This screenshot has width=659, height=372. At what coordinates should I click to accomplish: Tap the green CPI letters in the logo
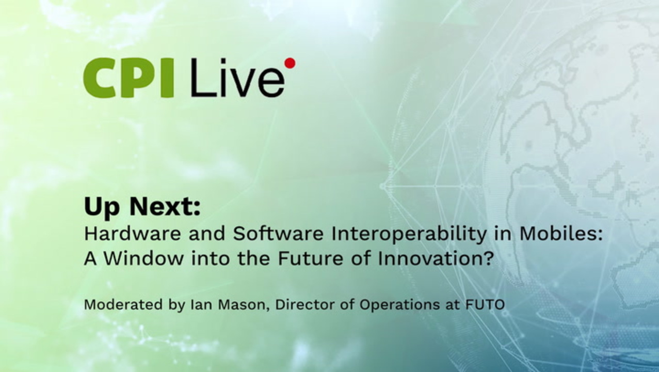point(128,78)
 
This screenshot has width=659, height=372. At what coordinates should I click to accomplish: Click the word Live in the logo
point(238,78)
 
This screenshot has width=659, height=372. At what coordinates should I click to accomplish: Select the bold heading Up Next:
point(142,207)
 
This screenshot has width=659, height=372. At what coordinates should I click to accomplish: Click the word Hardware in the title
point(133,234)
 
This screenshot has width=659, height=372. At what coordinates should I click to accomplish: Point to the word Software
point(278,234)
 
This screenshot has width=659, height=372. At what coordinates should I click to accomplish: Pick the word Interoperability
point(409,235)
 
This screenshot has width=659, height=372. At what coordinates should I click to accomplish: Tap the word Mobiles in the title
point(557,234)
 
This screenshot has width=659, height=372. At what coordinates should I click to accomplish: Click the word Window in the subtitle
point(144,259)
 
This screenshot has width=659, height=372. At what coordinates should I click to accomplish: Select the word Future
point(310,259)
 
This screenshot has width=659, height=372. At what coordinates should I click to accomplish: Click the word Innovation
point(427,259)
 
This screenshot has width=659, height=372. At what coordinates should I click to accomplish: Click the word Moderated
point(123,305)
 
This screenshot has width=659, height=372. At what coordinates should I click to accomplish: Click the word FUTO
point(485,305)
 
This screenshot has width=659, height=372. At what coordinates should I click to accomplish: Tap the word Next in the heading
point(165,207)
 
